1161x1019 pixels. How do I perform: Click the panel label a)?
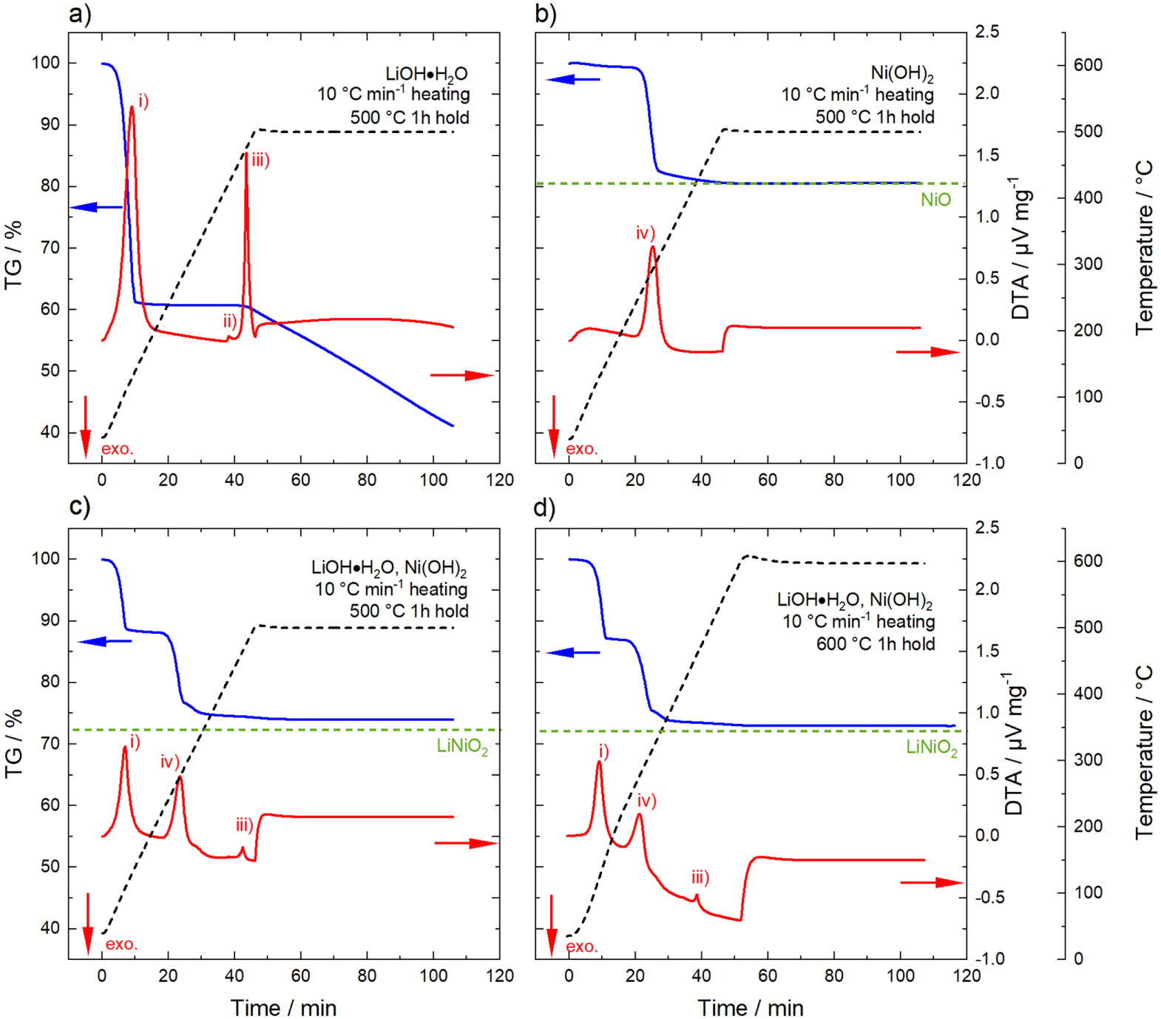79,14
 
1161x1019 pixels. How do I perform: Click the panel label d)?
544,508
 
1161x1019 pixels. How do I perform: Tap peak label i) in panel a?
143,101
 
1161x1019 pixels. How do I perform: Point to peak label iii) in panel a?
260,160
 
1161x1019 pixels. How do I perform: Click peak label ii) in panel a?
230,320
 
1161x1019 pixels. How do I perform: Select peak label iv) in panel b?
646,234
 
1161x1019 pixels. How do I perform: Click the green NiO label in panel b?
935,200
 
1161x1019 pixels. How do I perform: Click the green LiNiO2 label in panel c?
462,746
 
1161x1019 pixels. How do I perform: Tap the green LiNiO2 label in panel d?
932,748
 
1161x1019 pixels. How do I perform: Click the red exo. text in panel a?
118,449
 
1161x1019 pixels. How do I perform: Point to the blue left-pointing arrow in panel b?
572,79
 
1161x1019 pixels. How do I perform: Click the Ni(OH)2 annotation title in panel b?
901,73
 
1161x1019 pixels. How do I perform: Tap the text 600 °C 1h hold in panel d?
876,644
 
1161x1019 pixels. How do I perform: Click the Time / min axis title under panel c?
283,1008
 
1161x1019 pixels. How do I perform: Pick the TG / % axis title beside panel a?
13,254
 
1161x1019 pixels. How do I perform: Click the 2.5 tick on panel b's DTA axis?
987,32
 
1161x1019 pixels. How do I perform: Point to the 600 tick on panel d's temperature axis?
1088,561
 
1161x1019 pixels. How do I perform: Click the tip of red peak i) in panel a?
132,106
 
